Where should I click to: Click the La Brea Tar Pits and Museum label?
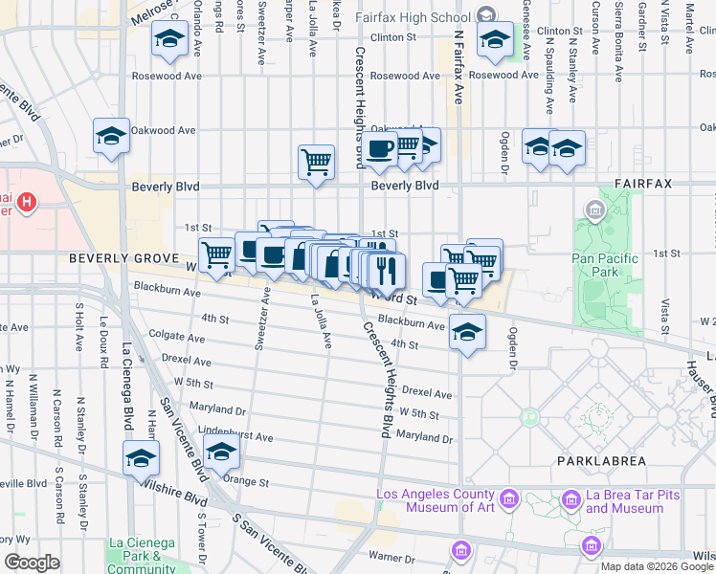click(x=623, y=501)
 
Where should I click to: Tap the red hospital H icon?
click(x=28, y=203)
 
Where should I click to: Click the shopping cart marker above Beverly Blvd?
click(x=316, y=161)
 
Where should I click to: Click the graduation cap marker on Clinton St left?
click(x=169, y=39)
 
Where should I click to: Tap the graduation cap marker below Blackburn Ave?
click(x=467, y=333)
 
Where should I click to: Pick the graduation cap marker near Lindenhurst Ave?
click(x=222, y=451)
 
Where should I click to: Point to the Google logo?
click(x=32, y=562)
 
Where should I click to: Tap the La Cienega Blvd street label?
click(x=126, y=383)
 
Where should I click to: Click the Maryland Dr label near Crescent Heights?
click(x=424, y=437)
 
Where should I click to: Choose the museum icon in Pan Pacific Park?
click(x=594, y=210)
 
